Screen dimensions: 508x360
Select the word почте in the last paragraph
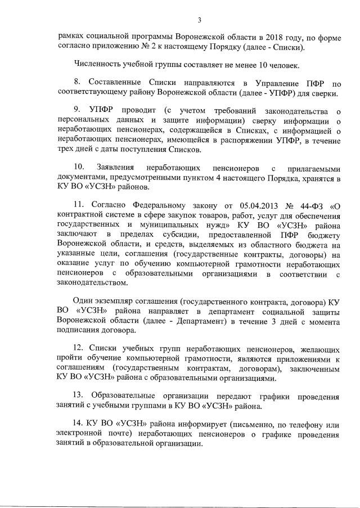(x=116, y=433)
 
